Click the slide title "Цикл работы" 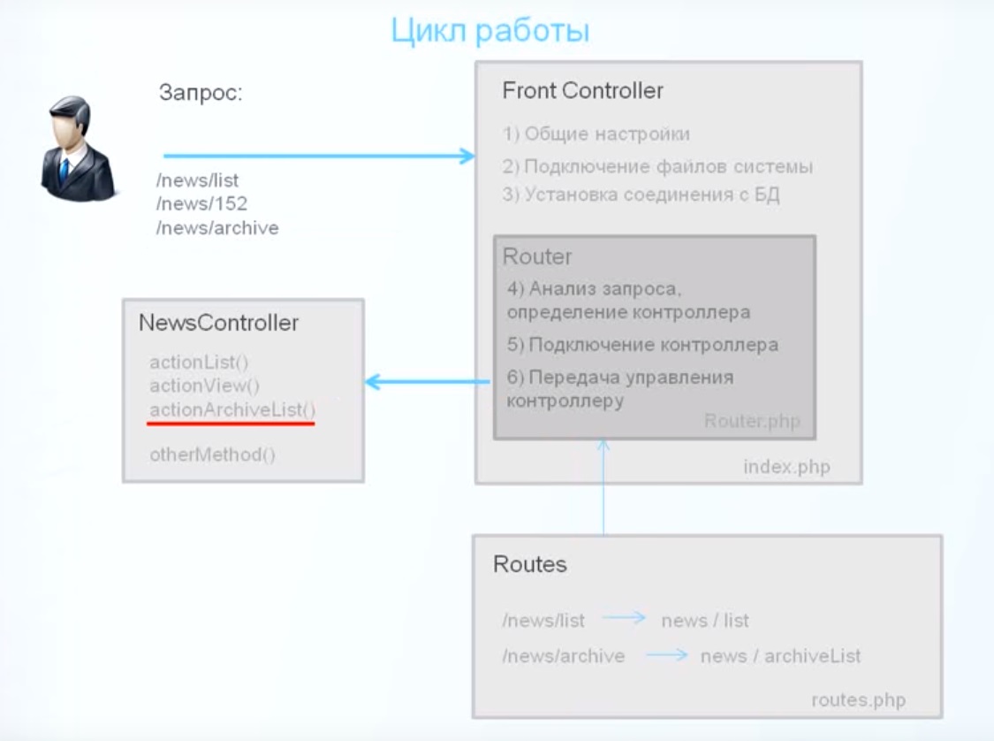click(x=490, y=30)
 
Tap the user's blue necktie click(x=64, y=170)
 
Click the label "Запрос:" click(x=201, y=93)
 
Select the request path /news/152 click(x=201, y=203)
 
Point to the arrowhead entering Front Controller click(x=467, y=156)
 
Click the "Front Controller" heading click(x=582, y=91)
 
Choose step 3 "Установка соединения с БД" click(x=641, y=195)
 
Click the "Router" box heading click(x=537, y=256)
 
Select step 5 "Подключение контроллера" click(x=642, y=345)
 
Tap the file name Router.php click(x=752, y=421)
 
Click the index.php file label click(x=786, y=467)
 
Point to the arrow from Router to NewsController click(x=428, y=382)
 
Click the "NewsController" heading click(x=219, y=323)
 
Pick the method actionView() click(x=204, y=386)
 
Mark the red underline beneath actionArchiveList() click(x=231, y=424)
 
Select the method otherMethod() click(x=212, y=455)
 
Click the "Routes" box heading click(x=530, y=564)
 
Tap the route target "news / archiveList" click(x=780, y=656)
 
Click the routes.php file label click(x=858, y=699)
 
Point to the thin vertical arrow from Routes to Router click(x=603, y=487)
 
